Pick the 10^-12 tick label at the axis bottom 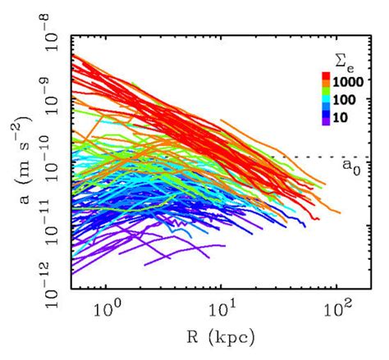(49, 286)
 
